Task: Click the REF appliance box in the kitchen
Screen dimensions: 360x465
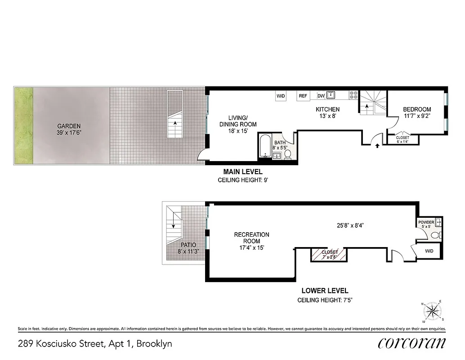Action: click(303, 96)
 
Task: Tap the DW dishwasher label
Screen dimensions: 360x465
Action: click(321, 96)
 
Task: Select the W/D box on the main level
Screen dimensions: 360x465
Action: click(281, 96)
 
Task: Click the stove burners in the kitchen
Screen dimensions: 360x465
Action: click(354, 95)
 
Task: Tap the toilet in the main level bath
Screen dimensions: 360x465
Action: click(288, 154)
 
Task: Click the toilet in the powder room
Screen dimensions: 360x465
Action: click(435, 235)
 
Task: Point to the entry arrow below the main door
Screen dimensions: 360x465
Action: click(377, 145)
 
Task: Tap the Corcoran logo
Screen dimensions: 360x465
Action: click(412, 343)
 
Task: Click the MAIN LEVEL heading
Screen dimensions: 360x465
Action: click(243, 172)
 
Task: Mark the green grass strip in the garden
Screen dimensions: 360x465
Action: click(23, 126)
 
